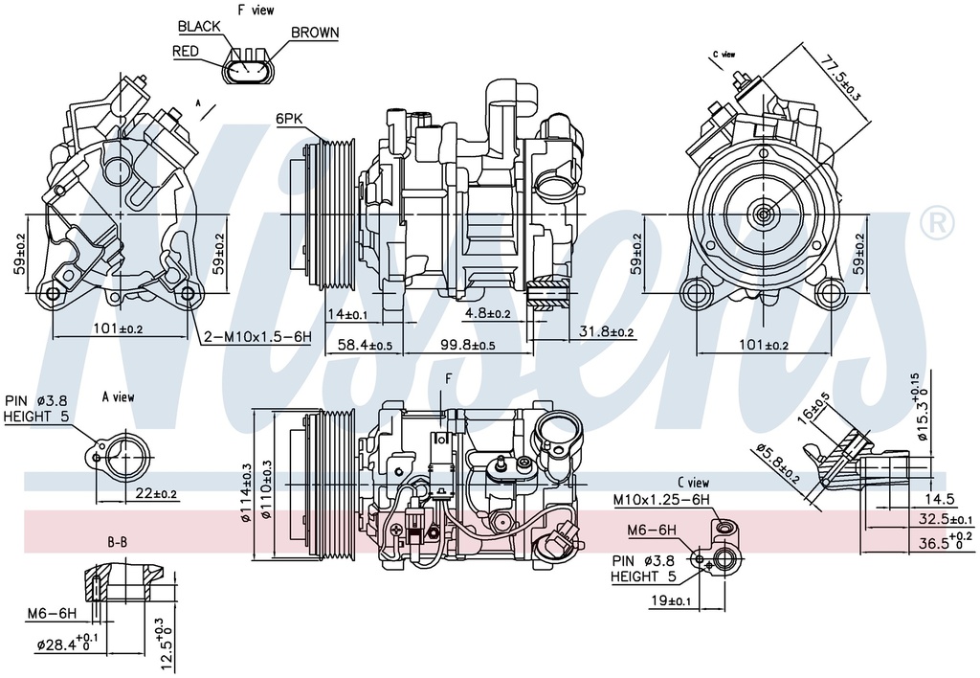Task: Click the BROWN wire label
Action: (x=314, y=33)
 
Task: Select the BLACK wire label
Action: (x=199, y=26)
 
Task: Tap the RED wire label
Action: (x=186, y=51)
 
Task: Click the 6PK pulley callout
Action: (x=289, y=119)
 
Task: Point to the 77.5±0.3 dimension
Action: (x=840, y=79)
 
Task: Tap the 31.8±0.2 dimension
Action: (x=607, y=332)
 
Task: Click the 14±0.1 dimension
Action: (x=347, y=314)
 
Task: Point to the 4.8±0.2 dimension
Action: (x=488, y=313)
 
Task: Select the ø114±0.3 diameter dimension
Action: (x=246, y=491)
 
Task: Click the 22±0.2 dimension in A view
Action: (x=156, y=493)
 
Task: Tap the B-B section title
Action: (x=117, y=542)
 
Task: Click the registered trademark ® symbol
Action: (x=936, y=222)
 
